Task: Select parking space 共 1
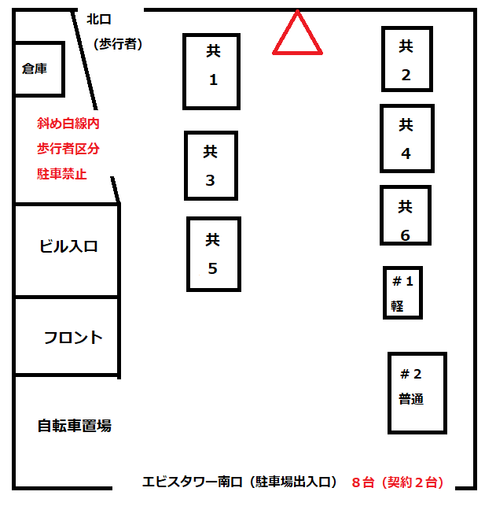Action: pyautogui.click(x=211, y=71)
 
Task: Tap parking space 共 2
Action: pyautogui.click(x=406, y=59)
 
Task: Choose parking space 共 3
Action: pyautogui.click(x=210, y=165)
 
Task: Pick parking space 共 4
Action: pyautogui.click(x=406, y=138)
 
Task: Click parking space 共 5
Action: pyautogui.click(x=213, y=253)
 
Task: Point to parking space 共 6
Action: pyautogui.click(x=405, y=215)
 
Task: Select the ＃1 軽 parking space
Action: pyautogui.click(x=402, y=293)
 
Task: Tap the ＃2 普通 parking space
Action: pyautogui.click(x=417, y=392)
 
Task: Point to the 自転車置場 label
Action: pyautogui.click(x=75, y=426)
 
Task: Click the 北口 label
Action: pyautogui.click(x=99, y=19)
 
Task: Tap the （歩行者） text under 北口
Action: pyautogui.click(x=116, y=44)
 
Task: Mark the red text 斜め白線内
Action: pyautogui.click(x=68, y=124)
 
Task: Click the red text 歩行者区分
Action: pyautogui.click(x=68, y=149)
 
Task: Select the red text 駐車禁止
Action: pyautogui.click(x=62, y=174)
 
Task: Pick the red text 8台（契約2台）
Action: pyautogui.click(x=398, y=482)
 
